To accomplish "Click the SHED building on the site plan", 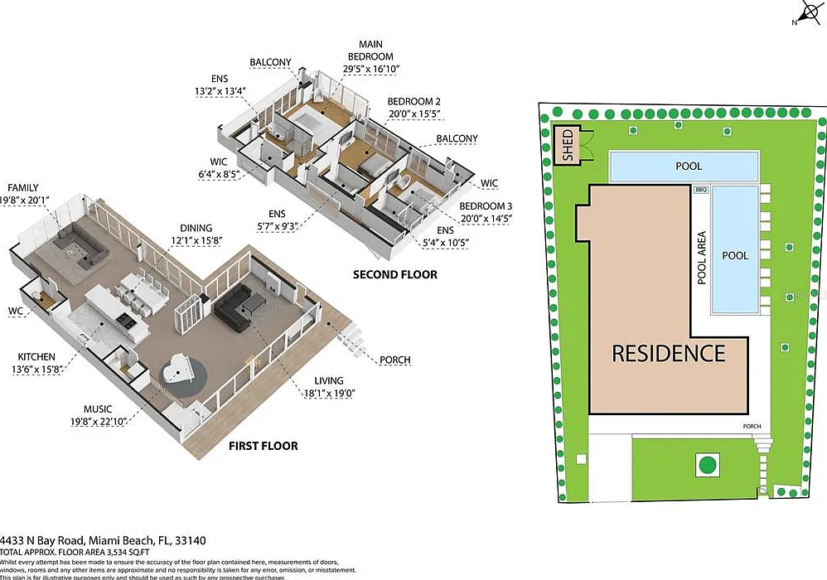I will [x=568, y=146].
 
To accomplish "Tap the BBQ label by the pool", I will [x=701, y=190].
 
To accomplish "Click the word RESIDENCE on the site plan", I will [x=668, y=353].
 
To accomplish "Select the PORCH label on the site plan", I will [x=751, y=427].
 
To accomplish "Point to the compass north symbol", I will [x=805, y=13].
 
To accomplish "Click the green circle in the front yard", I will [x=707, y=465].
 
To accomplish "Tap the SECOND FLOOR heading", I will [x=395, y=274].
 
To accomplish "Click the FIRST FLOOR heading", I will [x=263, y=446].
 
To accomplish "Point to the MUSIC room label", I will [x=98, y=408].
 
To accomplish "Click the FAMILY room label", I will [x=23, y=188].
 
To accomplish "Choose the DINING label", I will [x=196, y=229].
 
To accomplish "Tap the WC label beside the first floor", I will [x=16, y=311].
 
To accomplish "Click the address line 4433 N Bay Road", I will [x=103, y=540].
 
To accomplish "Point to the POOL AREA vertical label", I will [x=701, y=258].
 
